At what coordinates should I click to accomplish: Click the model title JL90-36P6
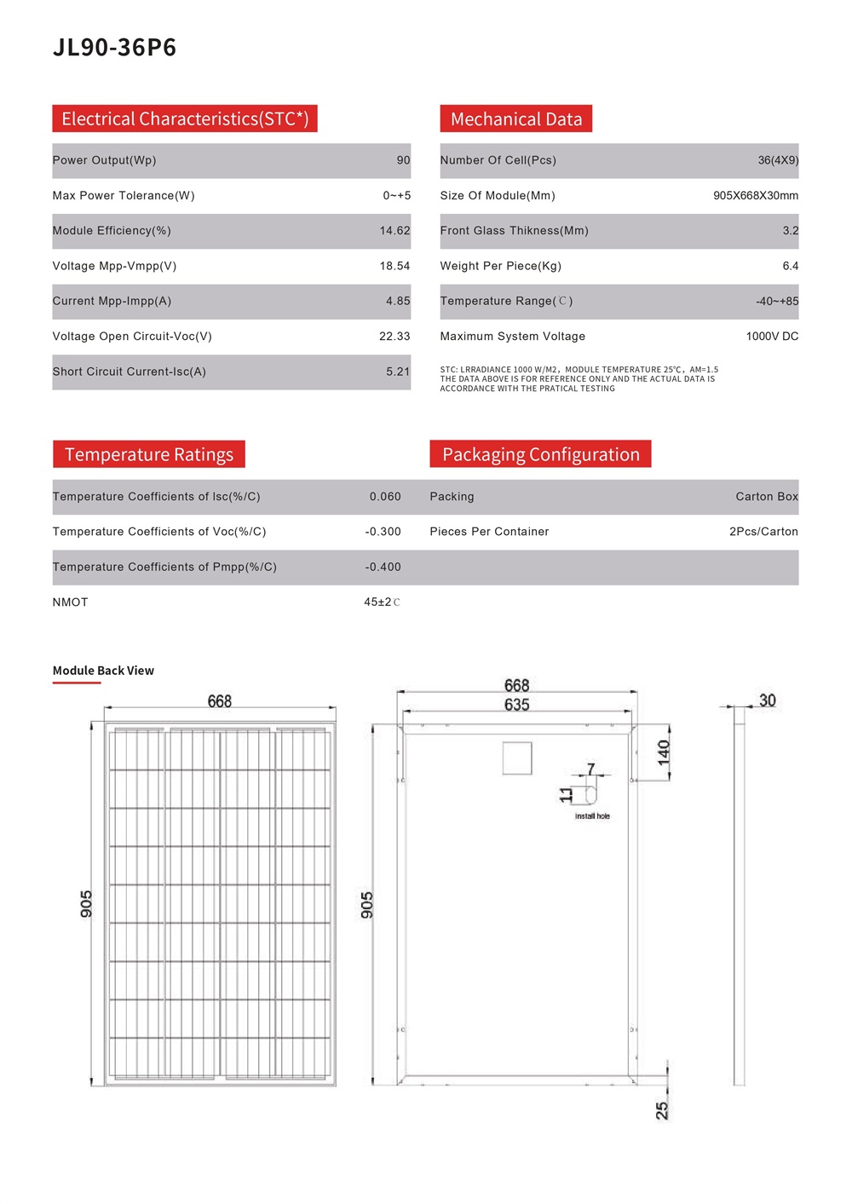coord(114,47)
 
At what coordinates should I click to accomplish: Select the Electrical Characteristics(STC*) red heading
coord(185,118)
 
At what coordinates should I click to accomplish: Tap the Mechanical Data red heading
coord(515,119)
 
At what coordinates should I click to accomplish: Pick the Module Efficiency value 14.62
coord(394,231)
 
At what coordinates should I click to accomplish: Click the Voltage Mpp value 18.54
coord(394,266)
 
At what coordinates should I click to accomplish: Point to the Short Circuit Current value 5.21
coord(398,372)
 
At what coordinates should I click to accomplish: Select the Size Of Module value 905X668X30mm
coord(756,196)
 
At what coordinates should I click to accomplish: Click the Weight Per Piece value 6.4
coord(791,266)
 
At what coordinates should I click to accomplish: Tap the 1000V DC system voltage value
coord(772,337)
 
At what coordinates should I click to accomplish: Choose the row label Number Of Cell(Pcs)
coord(498,160)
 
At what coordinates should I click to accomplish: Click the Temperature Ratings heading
coord(149,454)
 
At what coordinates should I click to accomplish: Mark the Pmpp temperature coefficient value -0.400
coord(383,567)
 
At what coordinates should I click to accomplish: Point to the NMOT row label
coord(71,602)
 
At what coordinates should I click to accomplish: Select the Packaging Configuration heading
coord(540,454)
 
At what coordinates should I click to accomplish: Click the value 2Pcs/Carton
coord(763,532)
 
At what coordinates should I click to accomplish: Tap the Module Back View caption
coord(103,671)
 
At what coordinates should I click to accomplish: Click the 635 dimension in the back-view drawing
coord(516,705)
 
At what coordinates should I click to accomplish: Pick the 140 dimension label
coord(664,752)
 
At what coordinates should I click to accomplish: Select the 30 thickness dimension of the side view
coord(767,700)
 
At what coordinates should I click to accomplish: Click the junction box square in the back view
coord(517,758)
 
